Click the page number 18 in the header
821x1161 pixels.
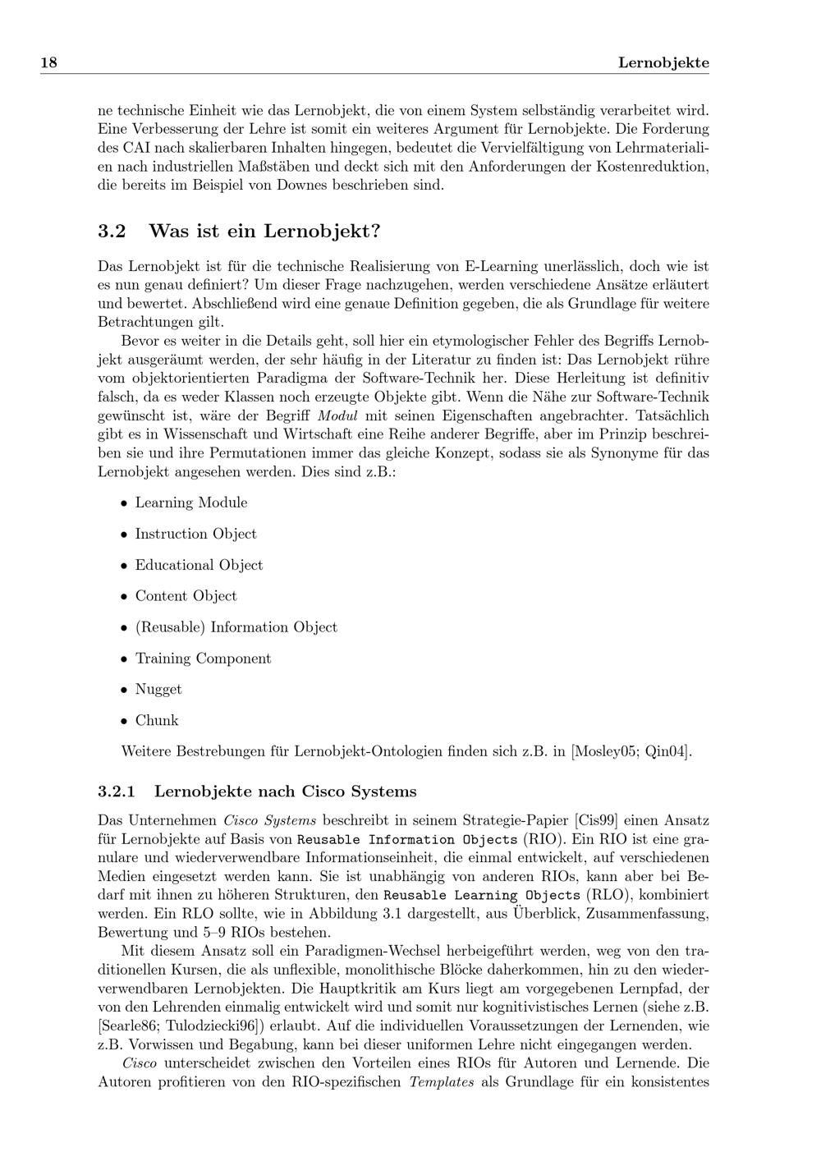(x=48, y=63)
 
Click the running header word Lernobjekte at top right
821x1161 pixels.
(x=663, y=63)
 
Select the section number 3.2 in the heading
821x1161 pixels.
(x=112, y=232)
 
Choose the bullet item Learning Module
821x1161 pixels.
(x=191, y=502)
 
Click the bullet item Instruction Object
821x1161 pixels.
(x=195, y=534)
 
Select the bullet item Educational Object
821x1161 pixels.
(x=199, y=565)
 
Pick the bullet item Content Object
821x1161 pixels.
(x=186, y=596)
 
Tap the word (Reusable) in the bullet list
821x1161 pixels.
(x=170, y=627)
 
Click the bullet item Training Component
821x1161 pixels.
(x=203, y=659)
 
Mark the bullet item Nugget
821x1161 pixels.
(x=158, y=690)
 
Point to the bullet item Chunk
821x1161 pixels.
(x=157, y=721)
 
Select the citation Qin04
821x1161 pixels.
(x=667, y=751)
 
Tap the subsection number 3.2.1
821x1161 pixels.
(x=117, y=792)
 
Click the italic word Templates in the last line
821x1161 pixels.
(x=442, y=1082)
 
